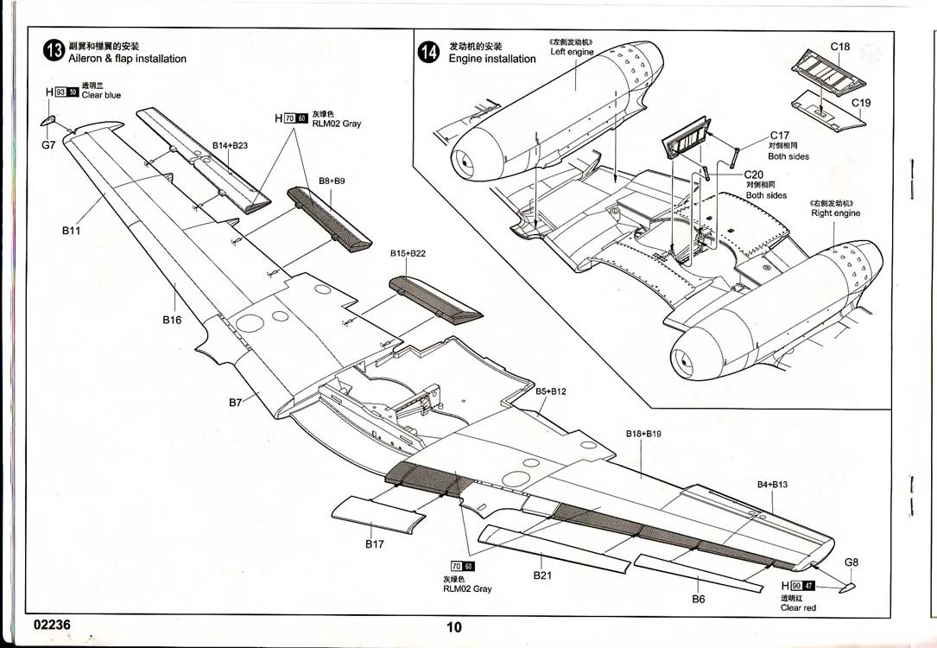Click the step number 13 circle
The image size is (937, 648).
tap(54, 51)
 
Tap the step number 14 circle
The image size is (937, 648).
tap(428, 52)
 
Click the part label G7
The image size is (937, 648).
tap(48, 145)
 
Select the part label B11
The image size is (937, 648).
tap(71, 231)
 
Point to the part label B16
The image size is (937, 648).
tap(172, 320)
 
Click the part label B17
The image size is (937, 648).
tap(374, 544)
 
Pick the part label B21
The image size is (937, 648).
tap(542, 575)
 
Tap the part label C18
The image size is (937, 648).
tap(840, 47)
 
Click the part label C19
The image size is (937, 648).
tap(861, 103)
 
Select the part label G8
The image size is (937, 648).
tap(852, 562)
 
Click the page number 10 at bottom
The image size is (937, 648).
tap(455, 628)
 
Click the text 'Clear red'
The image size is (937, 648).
tap(798, 608)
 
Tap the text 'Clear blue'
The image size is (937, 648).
tap(101, 95)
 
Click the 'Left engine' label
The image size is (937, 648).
tap(572, 52)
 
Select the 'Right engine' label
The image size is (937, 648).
tap(835, 213)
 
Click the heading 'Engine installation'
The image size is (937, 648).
tap(492, 59)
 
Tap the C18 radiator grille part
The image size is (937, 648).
tap(828, 73)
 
